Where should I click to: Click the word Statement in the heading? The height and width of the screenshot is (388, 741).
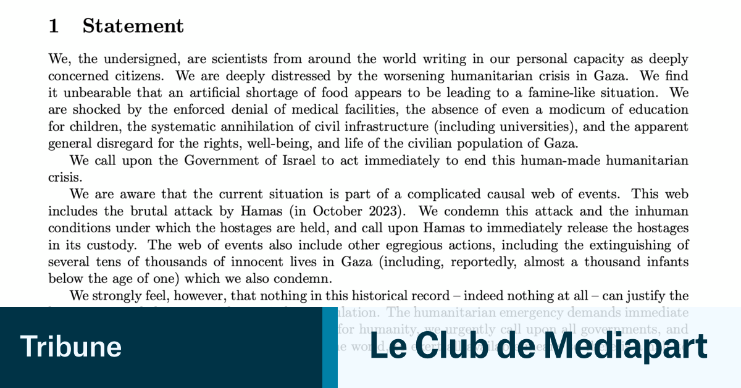click(x=133, y=26)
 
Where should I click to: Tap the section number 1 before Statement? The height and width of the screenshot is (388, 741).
click(x=54, y=26)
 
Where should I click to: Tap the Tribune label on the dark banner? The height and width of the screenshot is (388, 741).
click(x=71, y=347)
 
